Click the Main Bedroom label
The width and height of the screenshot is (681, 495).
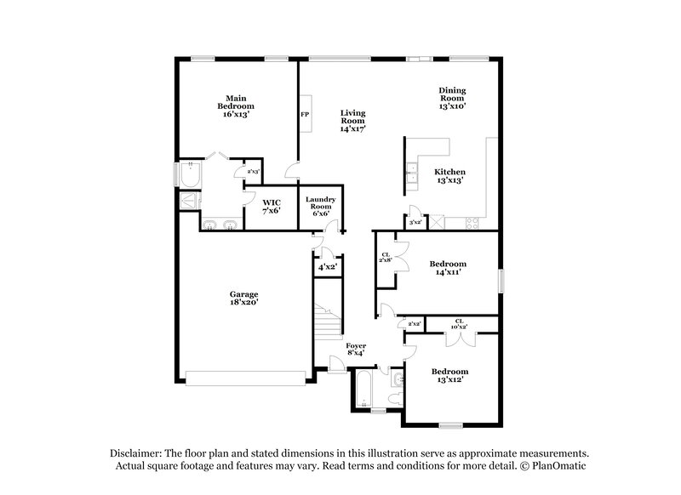[x=236, y=105]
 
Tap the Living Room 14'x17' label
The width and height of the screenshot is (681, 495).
[x=352, y=121]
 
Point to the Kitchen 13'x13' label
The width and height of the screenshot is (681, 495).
[x=450, y=176]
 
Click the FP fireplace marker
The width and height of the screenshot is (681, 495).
[x=304, y=113]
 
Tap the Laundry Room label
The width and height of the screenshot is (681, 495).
[x=321, y=206]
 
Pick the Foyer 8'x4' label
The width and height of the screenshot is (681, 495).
[x=356, y=349]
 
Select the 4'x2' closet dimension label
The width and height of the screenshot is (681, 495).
[x=327, y=266]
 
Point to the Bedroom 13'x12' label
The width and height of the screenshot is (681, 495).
[x=449, y=376]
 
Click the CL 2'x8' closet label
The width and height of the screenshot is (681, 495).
[x=386, y=258]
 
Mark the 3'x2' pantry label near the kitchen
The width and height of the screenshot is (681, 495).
[x=415, y=222]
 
